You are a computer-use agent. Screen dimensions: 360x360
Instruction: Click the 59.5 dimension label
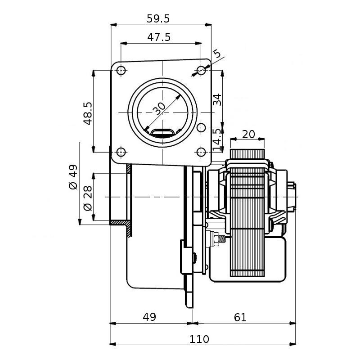coord(158,18)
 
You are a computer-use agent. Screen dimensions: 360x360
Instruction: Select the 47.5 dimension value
coord(159,37)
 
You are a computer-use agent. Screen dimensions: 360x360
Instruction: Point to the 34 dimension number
coord(217,99)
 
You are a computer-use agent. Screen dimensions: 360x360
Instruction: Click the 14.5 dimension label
coord(217,139)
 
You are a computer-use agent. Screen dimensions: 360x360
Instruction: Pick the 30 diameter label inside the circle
coord(159,108)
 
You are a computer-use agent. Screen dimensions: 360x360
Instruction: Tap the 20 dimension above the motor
coord(248,134)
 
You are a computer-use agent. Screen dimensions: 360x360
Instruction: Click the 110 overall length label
coord(200,339)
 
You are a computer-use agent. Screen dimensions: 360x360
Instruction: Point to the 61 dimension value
coord(240,317)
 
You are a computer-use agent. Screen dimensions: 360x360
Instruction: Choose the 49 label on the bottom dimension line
coord(149,317)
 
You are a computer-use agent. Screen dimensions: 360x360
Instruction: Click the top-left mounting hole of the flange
coord(121,71)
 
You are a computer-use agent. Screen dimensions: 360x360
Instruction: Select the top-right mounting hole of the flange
coord(201,71)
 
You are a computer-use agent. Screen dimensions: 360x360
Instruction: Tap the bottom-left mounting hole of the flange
coord(121,152)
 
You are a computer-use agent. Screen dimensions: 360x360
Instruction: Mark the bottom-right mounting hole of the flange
coord(201,152)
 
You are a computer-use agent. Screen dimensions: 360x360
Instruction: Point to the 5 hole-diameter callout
coord(217,54)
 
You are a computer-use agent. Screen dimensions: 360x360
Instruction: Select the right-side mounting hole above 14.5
coord(201,128)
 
